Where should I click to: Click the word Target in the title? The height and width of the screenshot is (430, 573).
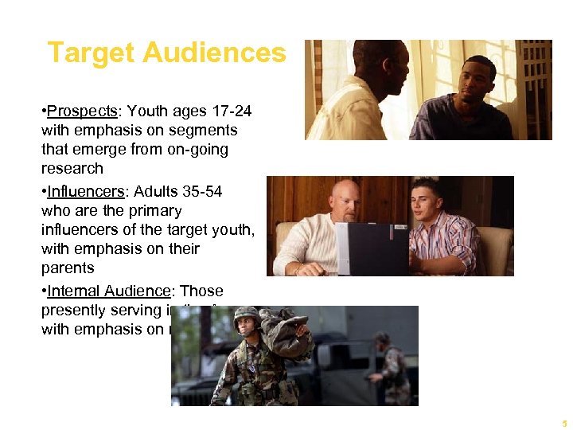coord(88,53)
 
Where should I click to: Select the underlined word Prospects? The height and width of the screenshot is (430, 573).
coord(76,111)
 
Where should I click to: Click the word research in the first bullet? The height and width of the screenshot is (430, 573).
coord(72,168)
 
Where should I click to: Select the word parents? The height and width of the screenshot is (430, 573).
coord(68,268)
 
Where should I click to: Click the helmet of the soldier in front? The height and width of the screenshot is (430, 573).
coord(246,314)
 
